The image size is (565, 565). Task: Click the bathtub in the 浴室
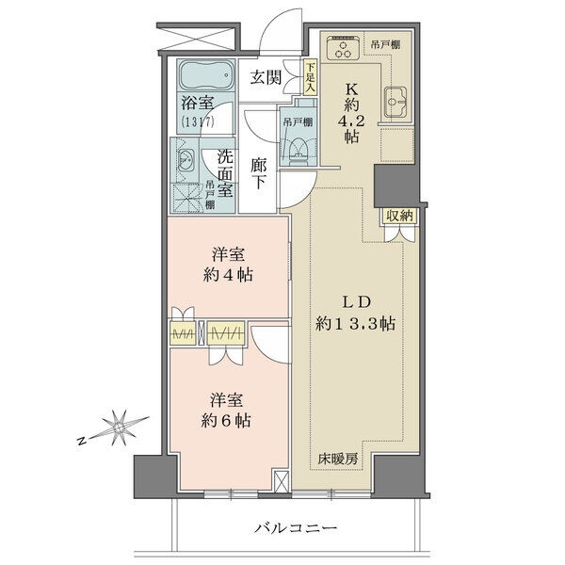205,75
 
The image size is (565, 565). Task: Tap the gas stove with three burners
344,47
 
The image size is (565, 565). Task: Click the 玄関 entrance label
266,77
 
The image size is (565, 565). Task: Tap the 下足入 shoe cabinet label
311,78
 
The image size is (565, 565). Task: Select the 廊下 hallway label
258,174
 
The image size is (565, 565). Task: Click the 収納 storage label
399,216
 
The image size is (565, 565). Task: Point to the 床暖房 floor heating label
338,459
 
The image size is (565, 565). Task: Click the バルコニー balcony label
296,528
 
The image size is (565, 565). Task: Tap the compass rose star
119,428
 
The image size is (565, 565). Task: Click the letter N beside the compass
83,441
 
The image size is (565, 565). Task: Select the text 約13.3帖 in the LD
355,324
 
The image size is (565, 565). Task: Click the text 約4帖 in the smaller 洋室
228,275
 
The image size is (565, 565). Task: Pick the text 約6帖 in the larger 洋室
226,420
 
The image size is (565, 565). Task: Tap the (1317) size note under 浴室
198,121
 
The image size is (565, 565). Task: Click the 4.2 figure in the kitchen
351,121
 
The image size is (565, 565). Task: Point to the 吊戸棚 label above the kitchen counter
385,44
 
